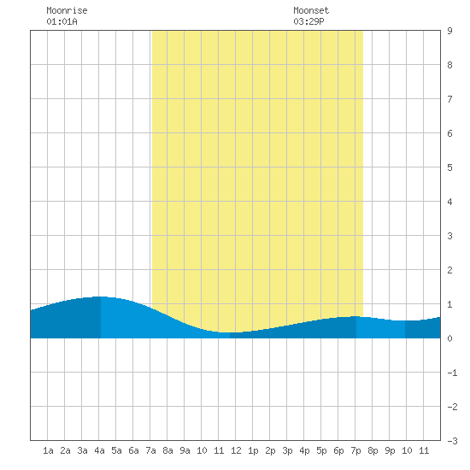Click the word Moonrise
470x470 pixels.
[x=67, y=10]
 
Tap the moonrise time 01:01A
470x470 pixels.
[x=62, y=21]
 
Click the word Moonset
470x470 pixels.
[x=311, y=10]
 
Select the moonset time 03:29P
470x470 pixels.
[x=308, y=21]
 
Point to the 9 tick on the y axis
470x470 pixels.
[x=449, y=31]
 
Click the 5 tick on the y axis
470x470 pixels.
[x=449, y=167]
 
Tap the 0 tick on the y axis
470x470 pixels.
[x=449, y=338]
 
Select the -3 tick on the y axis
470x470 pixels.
[x=452, y=441]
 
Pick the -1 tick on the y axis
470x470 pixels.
[x=452, y=373]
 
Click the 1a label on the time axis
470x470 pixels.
[x=48, y=450]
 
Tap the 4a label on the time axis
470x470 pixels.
[x=99, y=450]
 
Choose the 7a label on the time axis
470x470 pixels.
[x=150, y=450]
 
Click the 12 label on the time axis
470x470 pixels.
[x=236, y=450]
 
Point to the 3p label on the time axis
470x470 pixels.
[x=287, y=450]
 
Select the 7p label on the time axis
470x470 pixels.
[x=355, y=450]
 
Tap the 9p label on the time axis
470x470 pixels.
[x=390, y=450]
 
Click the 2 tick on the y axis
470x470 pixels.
[x=449, y=270]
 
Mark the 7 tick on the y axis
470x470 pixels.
[x=449, y=99]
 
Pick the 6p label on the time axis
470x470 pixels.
[x=338, y=450]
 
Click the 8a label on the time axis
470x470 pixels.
[x=167, y=450]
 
